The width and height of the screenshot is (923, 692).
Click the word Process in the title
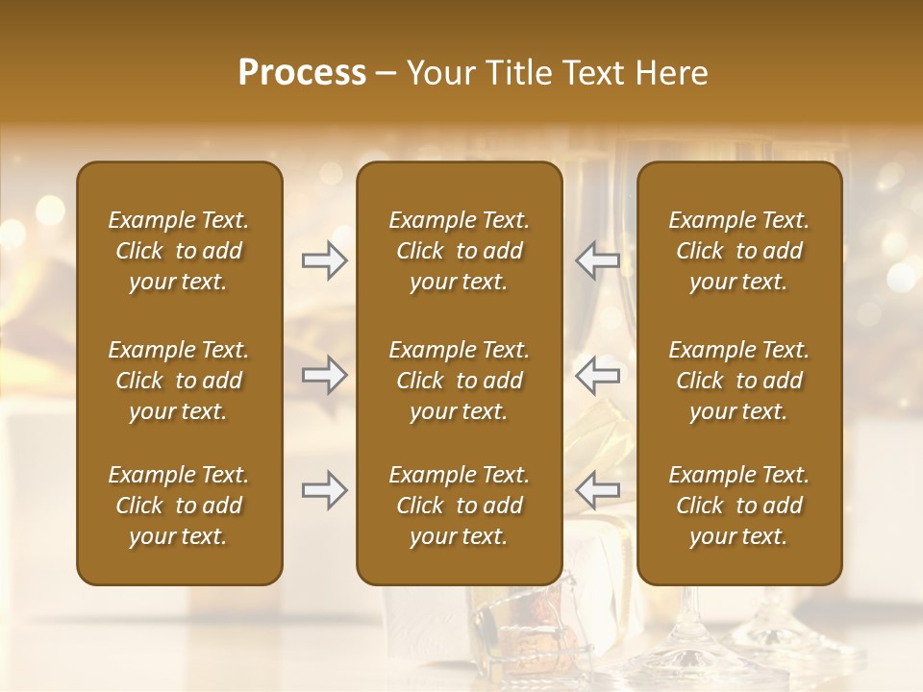(x=302, y=73)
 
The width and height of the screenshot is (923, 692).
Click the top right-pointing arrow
(x=324, y=260)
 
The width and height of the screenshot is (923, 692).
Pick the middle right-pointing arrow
(x=324, y=375)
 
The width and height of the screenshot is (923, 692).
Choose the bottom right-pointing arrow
(x=324, y=490)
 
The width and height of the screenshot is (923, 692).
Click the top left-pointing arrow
(x=597, y=260)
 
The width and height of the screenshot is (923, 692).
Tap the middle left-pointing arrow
(x=597, y=375)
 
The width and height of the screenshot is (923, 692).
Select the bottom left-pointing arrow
(x=597, y=490)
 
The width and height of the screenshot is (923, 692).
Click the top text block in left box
(x=179, y=251)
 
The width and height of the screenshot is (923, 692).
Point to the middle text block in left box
(x=179, y=381)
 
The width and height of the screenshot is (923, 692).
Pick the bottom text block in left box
(x=179, y=506)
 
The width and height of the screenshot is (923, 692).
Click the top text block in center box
(x=459, y=251)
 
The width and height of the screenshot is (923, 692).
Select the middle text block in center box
(x=459, y=381)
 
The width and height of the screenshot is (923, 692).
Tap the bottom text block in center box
(x=459, y=506)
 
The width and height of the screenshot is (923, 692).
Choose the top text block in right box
(x=738, y=251)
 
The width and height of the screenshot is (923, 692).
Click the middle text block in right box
(x=738, y=381)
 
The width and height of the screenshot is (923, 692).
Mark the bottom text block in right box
(x=738, y=506)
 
